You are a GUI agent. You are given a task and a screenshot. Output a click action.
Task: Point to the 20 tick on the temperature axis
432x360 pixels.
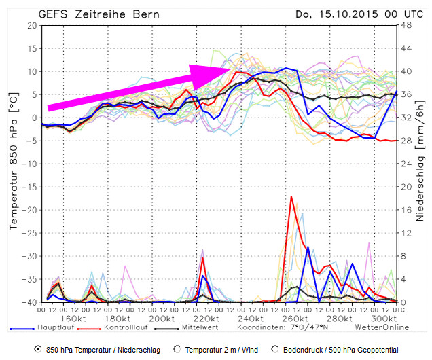31,25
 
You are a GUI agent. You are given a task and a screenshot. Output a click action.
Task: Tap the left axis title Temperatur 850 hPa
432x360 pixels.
13,163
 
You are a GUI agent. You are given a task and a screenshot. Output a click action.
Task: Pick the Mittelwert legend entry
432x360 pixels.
201,327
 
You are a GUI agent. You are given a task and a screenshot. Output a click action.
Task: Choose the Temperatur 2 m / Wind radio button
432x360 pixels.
178,348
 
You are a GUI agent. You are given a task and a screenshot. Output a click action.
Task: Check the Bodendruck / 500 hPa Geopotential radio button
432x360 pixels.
274,348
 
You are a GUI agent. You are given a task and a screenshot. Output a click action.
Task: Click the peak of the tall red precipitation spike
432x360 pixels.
291,196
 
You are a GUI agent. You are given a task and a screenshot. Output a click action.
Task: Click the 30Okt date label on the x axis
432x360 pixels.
384,319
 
